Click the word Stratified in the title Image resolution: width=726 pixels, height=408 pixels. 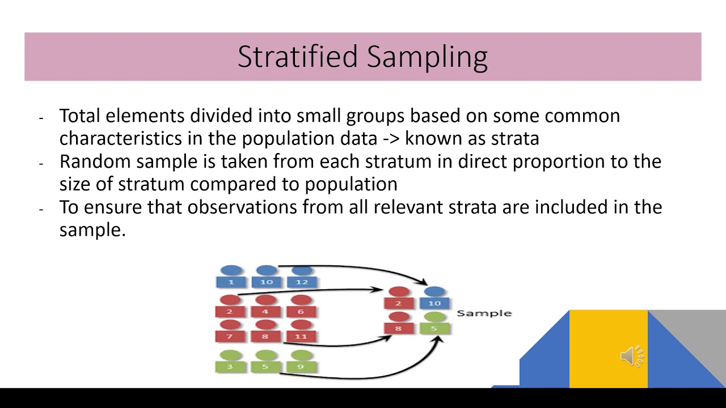298,57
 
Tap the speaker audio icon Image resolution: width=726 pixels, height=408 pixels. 632,355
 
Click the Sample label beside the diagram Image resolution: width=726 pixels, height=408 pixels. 484,313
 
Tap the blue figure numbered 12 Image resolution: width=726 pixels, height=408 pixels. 302,277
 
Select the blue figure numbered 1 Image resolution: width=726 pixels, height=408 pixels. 230,277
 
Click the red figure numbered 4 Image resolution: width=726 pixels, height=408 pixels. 265,307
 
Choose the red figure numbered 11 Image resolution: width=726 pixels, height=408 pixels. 301,331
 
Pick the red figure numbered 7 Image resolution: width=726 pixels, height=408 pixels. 230,331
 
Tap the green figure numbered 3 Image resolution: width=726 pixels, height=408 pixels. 230,362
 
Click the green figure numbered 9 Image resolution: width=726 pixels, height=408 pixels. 301,362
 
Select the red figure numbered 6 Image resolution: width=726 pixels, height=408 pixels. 301,307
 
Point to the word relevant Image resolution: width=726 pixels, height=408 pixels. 408,207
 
